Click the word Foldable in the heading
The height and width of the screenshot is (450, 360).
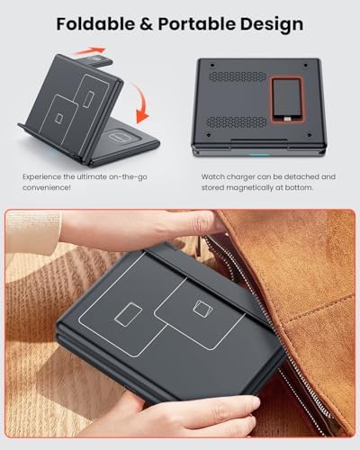(95, 24)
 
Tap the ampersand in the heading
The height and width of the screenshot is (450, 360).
(147, 24)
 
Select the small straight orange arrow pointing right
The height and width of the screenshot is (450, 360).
(89, 51)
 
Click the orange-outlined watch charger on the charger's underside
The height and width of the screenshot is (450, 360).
(286, 100)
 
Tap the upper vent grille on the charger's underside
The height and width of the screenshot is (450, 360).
(238, 76)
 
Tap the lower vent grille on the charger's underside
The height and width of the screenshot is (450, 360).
(237, 122)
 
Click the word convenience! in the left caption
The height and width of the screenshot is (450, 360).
(47, 188)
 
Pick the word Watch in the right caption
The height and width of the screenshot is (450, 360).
(212, 176)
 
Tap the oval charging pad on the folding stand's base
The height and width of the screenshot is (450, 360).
(121, 137)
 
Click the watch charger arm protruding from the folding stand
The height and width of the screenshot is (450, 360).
(97, 61)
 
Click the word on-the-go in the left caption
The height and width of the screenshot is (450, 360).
(128, 177)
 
